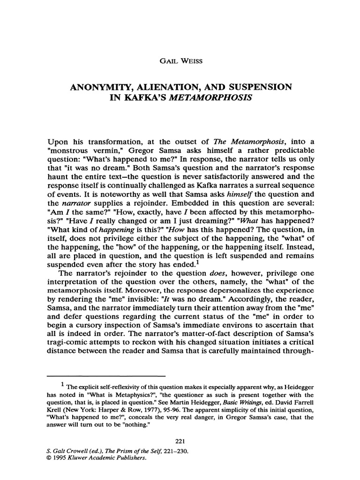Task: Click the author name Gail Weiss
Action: pos(180,60)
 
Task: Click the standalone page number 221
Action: pos(180,440)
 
